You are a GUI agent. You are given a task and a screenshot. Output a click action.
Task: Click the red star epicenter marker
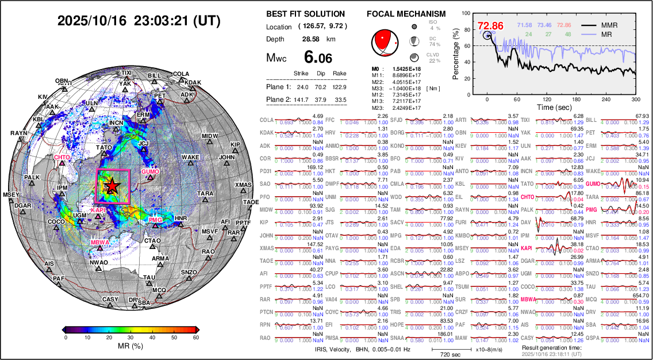[113, 186]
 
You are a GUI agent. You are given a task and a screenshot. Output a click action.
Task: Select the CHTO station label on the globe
[62, 158]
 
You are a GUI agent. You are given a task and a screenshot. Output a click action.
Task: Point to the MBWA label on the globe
[99, 242]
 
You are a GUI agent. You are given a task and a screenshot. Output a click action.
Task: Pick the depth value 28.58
[311, 39]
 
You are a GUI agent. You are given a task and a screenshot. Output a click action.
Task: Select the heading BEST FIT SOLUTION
[306, 14]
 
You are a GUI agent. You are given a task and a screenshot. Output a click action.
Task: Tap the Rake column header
[339, 74]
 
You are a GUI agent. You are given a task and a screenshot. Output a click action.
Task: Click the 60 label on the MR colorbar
[197, 338]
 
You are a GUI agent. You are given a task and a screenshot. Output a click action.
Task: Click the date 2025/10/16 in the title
[91, 21]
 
